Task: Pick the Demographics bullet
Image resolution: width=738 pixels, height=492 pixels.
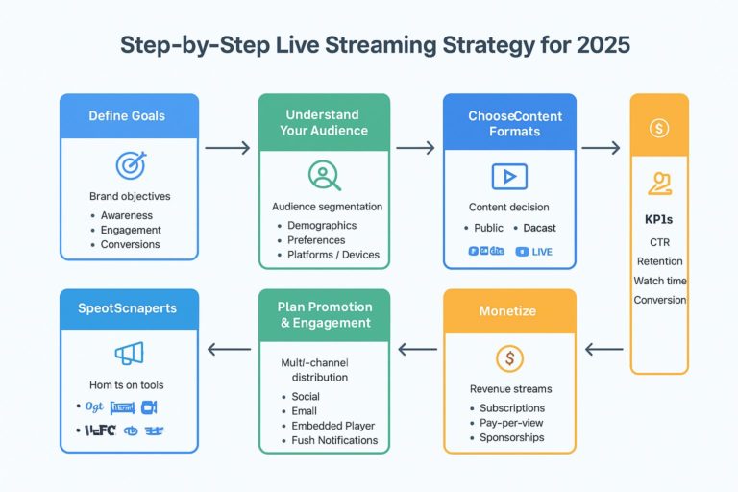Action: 322,225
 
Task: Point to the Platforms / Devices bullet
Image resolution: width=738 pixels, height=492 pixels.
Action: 333,255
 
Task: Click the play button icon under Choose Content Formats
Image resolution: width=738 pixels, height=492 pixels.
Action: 508,176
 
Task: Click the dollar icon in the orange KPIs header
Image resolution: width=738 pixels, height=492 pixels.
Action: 659,127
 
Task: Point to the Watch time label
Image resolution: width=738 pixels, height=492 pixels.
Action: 659,281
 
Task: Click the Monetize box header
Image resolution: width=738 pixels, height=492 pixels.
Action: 508,311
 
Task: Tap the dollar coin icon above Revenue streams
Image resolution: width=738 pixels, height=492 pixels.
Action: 508,358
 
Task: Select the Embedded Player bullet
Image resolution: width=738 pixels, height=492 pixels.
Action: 332,426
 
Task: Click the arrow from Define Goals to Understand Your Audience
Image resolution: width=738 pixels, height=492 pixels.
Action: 227,148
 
